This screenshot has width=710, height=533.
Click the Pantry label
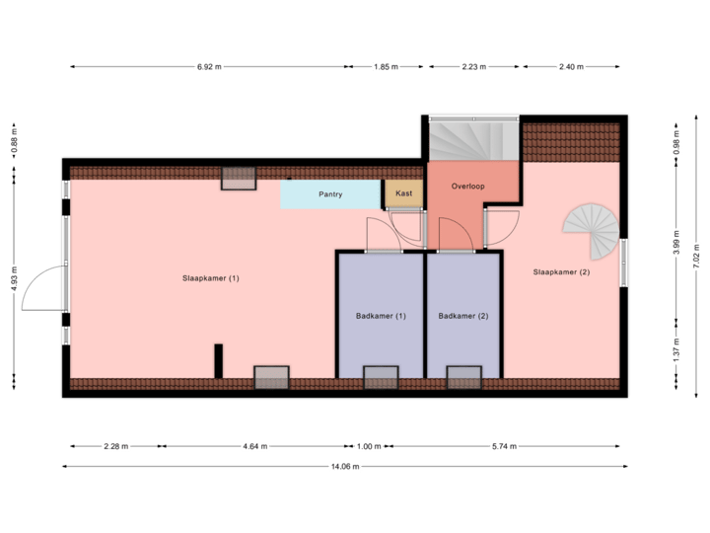[330, 194]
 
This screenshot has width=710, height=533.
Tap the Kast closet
[403, 193]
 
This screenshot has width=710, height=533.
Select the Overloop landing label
[468, 186]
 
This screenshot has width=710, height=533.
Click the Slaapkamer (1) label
[211, 278]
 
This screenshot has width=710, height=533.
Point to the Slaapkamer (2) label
[561, 271]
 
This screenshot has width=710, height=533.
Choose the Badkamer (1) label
[381, 316]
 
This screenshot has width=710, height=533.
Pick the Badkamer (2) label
[463, 316]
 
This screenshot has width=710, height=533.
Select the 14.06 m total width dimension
[343, 466]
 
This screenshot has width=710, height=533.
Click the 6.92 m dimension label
[210, 67]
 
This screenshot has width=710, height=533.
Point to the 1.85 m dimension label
[386, 67]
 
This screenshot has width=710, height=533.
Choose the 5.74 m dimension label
[504, 446]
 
